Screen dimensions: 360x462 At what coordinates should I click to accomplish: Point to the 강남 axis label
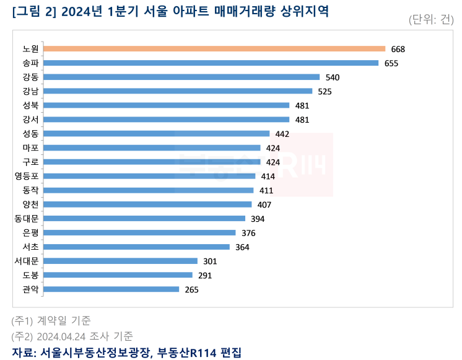tap(30, 91)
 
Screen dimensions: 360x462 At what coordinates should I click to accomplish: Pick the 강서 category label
tap(30, 120)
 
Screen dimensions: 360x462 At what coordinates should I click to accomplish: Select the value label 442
tap(282, 134)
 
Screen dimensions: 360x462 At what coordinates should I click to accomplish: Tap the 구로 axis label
tap(30, 162)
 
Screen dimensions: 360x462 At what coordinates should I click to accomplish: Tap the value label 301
tap(210, 261)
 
